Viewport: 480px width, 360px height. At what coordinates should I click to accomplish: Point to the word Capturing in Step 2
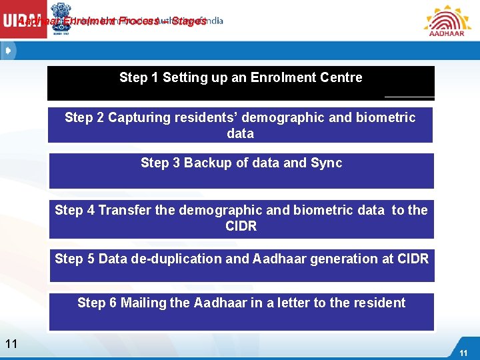[x=137, y=117]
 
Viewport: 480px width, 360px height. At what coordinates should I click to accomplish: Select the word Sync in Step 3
[x=326, y=163]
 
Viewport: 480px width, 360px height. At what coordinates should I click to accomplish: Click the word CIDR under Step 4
[x=241, y=226]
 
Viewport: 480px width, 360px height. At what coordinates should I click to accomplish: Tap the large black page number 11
[x=11, y=344]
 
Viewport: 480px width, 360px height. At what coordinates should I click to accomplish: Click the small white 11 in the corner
[x=463, y=353]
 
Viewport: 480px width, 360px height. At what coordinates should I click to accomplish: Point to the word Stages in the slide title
[x=189, y=21]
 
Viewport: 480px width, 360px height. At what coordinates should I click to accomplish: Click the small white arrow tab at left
[x=8, y=51]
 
